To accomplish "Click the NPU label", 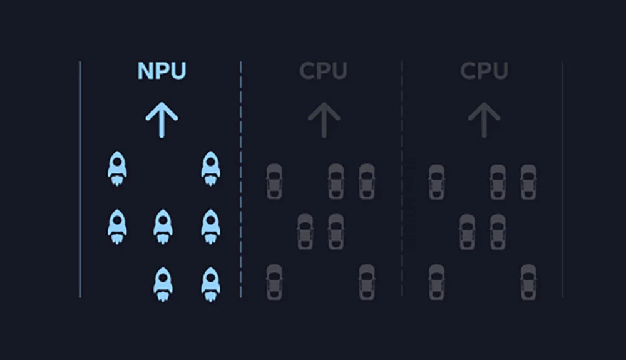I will [162, 71].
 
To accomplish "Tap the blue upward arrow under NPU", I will [162, 120].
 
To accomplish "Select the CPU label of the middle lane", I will [322, 71].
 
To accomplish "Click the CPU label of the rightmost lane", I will [484, 71].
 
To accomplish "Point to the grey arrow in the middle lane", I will [324, 120].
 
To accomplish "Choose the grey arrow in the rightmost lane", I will [485, 120].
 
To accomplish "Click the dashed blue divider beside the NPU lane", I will [241, 188].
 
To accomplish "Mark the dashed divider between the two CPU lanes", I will [402, 188].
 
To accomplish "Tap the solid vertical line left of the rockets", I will [80, 188].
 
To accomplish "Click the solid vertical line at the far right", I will [562, 188].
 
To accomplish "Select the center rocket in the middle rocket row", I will [163, 227].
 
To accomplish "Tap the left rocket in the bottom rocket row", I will [163, 284].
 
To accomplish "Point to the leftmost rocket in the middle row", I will [117, 227].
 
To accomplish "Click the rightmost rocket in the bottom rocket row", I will [210, 284].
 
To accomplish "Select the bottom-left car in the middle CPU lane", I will [274, 282].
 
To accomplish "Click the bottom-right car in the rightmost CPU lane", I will [528, 282].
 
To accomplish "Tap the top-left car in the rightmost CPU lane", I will [436, 182].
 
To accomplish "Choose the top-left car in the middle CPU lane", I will [274, 182].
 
